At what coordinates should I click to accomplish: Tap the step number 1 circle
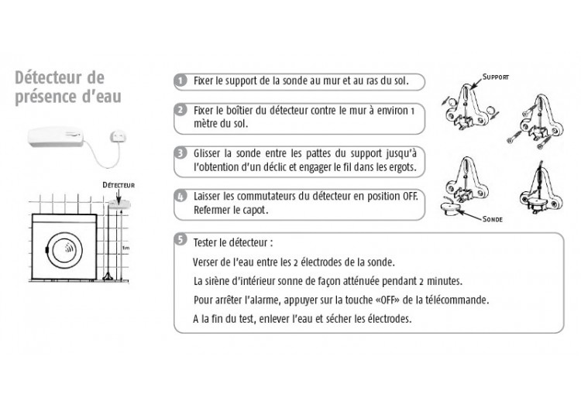coord(180,81)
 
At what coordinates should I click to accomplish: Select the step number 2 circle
coord(180,109)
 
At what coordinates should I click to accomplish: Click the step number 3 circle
coord(180,153)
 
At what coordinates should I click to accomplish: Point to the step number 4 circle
coord(180,197)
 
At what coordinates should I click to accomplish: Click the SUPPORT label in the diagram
coord(495,78)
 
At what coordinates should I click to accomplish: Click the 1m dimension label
coord(125,248)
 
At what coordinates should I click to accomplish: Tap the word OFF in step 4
coord(408,197)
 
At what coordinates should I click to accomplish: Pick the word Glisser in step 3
coord(211,153)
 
